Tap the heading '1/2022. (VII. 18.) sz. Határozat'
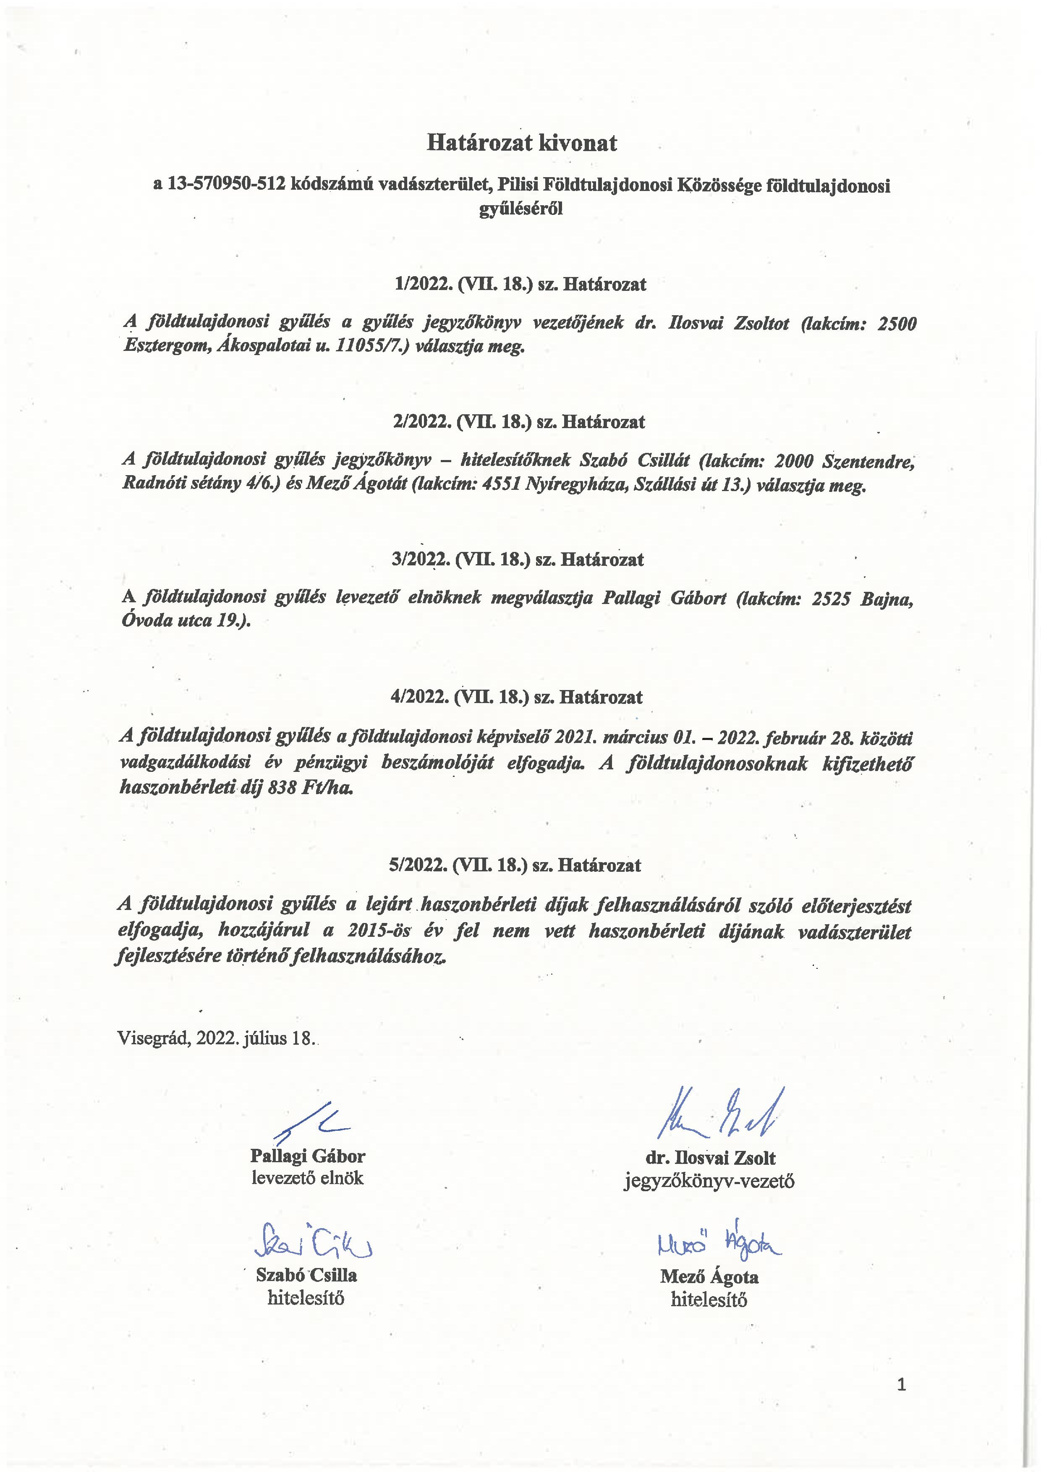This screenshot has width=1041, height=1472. [520, 284]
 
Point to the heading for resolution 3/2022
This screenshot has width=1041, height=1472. [517, 560]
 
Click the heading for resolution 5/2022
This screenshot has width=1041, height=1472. [515, 865]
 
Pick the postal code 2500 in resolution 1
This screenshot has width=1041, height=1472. [896, 324]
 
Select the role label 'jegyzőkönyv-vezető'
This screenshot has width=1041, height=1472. [709, 1181]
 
